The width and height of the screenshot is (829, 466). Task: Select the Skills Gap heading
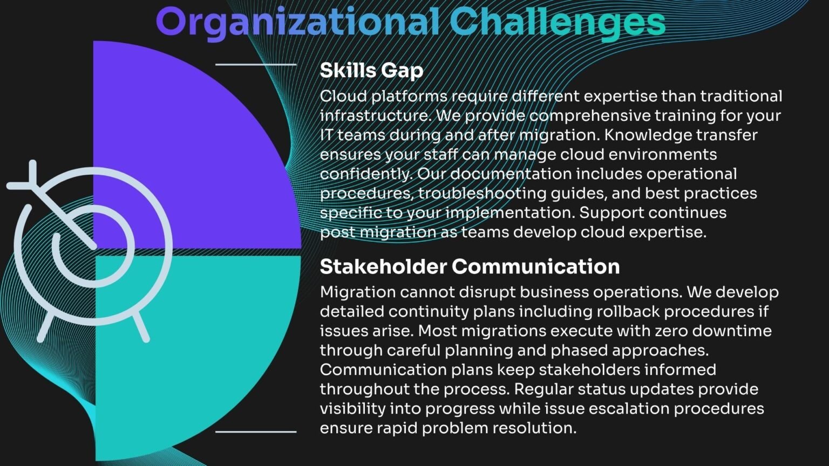pyautogui.click(x=371, y=70)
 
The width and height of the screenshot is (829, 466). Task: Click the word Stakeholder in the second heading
pyautogui.click(x=383, y=266)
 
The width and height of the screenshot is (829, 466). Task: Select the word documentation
pyautogui.click(x=511, y=174)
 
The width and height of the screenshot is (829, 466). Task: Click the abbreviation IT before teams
pyautogui.click(x=327, y=135)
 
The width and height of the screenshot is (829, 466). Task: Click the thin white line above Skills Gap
pyautogui.click(x=256, y=64)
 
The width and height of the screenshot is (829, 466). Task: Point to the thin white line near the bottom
pyautogui.click(x=256, y=431)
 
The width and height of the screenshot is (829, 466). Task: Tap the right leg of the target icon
pyautogui.click(x=141, y=326)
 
